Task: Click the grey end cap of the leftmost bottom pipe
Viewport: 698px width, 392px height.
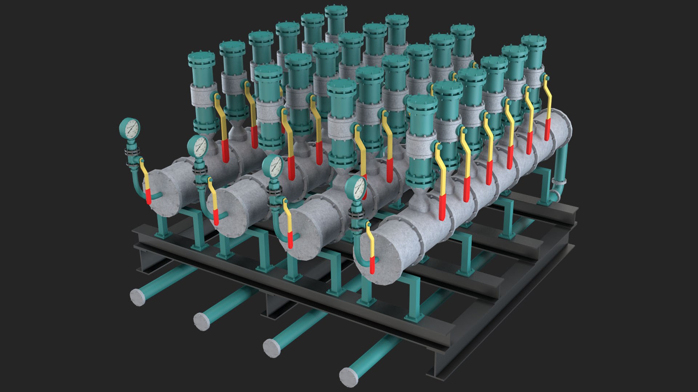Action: coord(138,297)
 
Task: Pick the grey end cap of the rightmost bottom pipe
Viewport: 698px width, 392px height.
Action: coord(348,377)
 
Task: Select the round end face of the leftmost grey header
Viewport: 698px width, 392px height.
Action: coord(164,192)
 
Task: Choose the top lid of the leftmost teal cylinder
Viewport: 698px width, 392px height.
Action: coord(202,57)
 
